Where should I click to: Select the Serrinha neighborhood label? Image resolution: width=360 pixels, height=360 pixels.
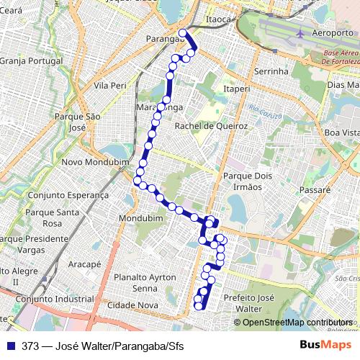point(271,71)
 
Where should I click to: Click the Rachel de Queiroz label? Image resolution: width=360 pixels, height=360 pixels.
point(212,126)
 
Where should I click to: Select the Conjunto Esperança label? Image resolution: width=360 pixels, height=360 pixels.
point(68,195)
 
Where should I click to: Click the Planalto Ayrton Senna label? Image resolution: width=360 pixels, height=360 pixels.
point(145,283)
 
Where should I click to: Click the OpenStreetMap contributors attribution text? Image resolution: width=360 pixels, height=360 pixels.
point(297,323)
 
